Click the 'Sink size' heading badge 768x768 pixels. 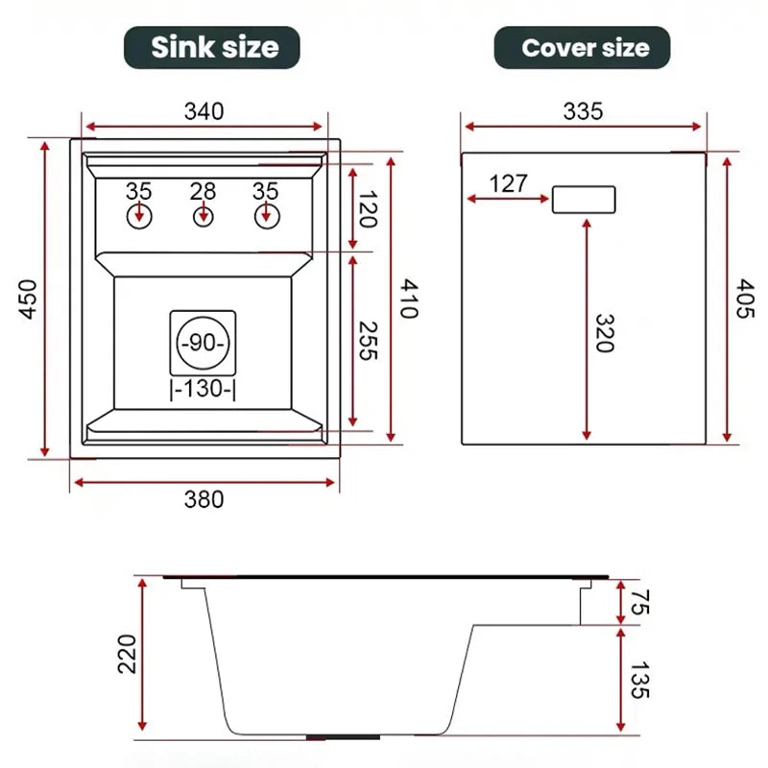click(x=213, y=47)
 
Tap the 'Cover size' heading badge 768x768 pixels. click(x=582, y=48)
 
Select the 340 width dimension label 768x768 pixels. click(x=204, y=111)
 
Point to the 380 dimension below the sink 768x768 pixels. click(x=204, y=499)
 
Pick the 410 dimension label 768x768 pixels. click(x=410, y=300)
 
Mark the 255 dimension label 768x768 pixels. click(x=366, y=341)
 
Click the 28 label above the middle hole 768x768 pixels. click(x=203, y=191)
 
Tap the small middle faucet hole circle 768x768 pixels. click(x=203, y=216)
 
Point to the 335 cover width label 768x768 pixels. click(x=583, y=111)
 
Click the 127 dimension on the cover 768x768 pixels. click(x=508, y=183)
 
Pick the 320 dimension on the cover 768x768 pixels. click(x=602, y=332)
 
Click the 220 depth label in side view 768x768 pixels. click(x=127, y=655)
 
